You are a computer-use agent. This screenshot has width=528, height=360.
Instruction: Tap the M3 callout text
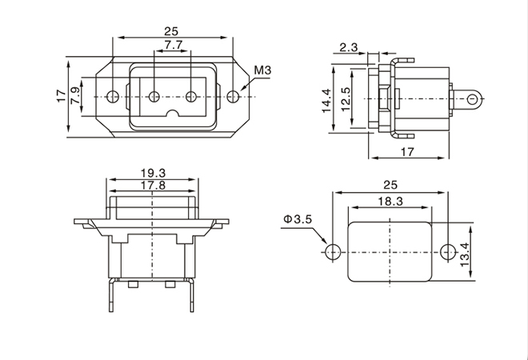coord(263,71)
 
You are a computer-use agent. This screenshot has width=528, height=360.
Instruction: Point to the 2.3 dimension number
coord(348,48)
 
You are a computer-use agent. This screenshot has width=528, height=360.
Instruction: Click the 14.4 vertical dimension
coord(327,100)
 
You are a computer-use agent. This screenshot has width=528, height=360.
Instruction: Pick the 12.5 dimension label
coord(345,100)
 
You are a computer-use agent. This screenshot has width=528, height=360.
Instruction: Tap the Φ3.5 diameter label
coord(296,218)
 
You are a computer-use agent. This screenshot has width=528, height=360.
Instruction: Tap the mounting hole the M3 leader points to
coord(232,98)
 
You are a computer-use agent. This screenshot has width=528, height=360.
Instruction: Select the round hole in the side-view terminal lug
coord(473,99)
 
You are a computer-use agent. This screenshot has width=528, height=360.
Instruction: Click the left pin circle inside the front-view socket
coord(153,98)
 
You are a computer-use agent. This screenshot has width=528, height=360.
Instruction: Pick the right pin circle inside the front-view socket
coord(190,98)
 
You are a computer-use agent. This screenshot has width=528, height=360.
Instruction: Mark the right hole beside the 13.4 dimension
coord(446,250)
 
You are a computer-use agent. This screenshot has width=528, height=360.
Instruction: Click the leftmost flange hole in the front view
coord(113,98)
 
